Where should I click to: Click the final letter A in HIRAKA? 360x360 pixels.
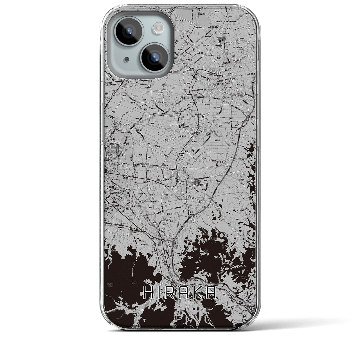(x=211, y=293)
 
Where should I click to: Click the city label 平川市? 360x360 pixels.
(x=184, y=181)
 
